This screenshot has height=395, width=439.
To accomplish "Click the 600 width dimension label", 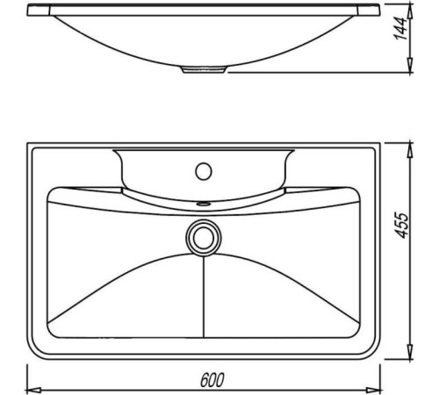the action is pos(212,380).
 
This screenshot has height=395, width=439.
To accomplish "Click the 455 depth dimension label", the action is pos(400,226).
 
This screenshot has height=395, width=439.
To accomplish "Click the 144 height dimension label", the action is pos(400,29).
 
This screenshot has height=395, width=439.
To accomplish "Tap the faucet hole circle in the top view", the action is pos(204,171).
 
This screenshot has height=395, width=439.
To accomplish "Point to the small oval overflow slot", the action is pos(204,203).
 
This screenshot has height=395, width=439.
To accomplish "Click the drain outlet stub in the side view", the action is pos(204,69).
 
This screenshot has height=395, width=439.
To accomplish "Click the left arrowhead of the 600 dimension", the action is pos(33,391).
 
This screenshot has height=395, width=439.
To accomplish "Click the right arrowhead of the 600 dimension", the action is pos(374,391).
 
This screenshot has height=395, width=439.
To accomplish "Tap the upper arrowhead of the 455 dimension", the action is pos(410,150).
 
